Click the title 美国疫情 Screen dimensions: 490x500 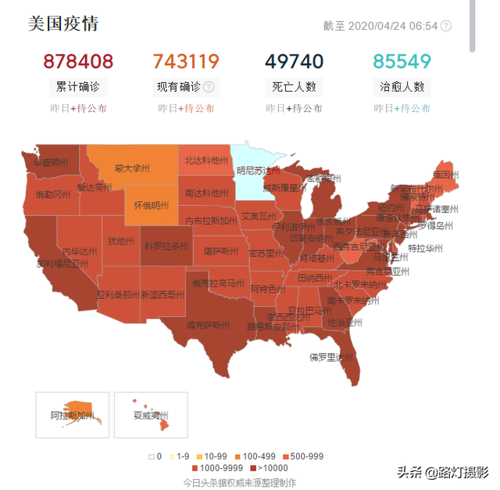pos(63,23)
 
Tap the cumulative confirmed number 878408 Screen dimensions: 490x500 pos(78,61)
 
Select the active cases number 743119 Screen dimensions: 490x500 pos(186,61)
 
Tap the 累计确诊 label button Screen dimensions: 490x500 pos(78,87)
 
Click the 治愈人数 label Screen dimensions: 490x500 pos(402,87)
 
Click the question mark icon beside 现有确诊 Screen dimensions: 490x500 pos(209,87)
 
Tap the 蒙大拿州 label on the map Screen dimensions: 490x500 pos(130,168)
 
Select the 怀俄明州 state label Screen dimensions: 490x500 pos(151,205)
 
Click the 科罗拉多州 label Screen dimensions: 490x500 pos(166,246)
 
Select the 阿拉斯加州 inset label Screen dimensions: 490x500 pos(71,415)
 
